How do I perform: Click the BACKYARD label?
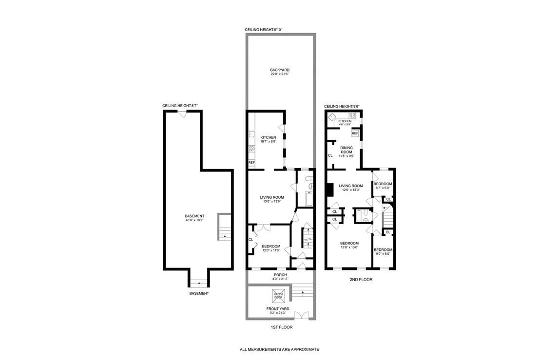[x=280, y=72]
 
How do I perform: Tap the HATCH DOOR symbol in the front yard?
[x=278, y=296]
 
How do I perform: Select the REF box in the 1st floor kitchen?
[x=251, y=162]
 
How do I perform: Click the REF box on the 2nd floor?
[x=355, y=133]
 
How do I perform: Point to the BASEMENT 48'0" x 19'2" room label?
[x=194, y=218]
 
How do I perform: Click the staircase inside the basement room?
[x=224, y=227]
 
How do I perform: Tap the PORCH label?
[x=280, y=277]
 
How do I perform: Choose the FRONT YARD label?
[x=278, y=311]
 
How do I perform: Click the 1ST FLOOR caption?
[x=281, y=327]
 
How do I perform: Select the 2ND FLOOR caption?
[x=361, y=280]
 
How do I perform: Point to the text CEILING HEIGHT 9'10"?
[x=264, y=30]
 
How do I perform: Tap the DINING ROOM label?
[x=347, y=152]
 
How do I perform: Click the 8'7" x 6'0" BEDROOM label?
[x=383, y=186]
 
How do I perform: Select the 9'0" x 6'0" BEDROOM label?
[x=383, y=251]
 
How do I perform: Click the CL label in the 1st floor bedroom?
[x=251, y=240]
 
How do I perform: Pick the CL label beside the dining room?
[x=330, y=155]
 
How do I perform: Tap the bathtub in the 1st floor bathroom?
[x=309, y=199]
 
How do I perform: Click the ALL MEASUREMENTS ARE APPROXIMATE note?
[x=279, y=349]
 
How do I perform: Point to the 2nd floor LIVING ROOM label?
[x=350, y=188]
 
